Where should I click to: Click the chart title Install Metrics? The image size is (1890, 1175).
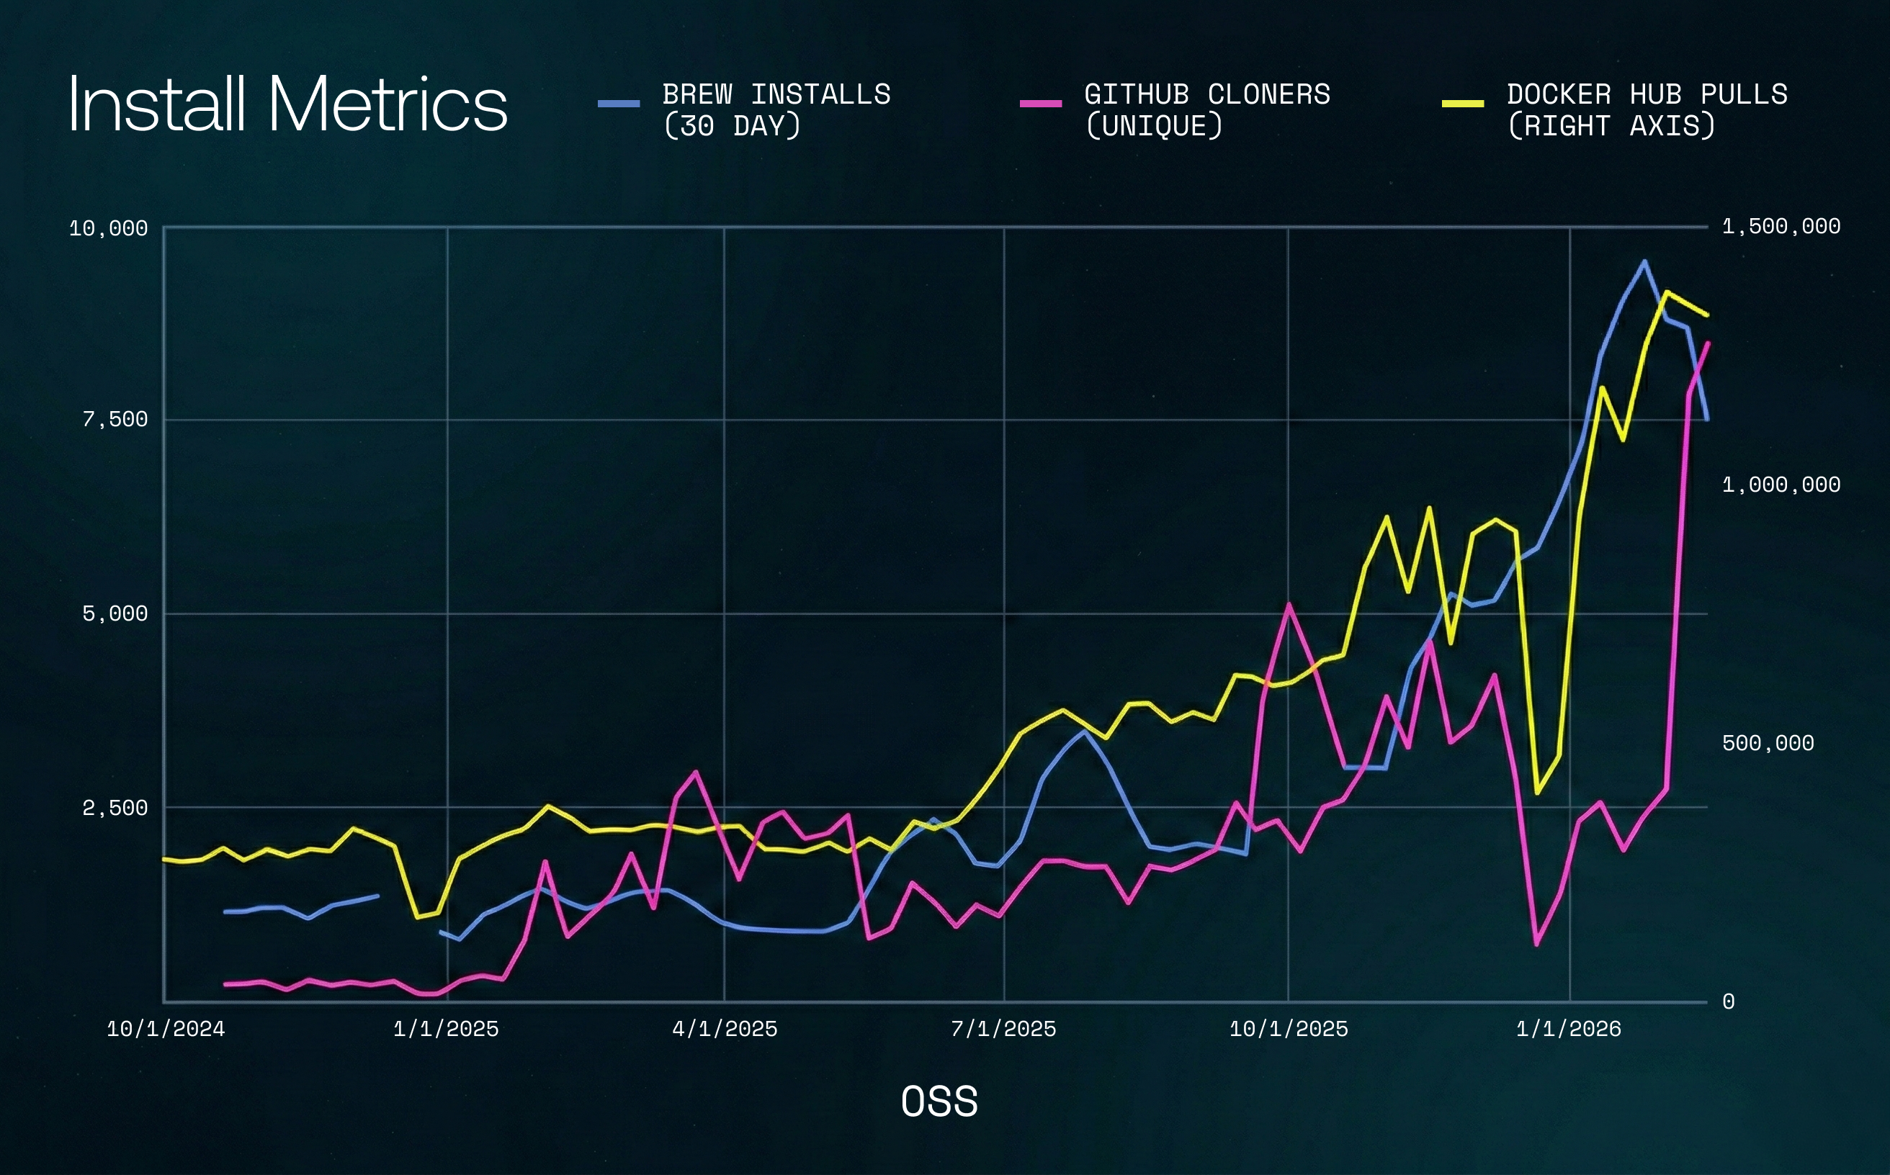287,105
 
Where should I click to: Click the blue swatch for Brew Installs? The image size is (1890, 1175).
618,104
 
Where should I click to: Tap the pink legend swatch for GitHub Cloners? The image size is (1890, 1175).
1040,104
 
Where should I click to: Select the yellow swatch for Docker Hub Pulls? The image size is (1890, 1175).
1462,104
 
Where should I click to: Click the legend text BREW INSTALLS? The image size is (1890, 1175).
776,95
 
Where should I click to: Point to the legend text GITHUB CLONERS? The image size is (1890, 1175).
1206,95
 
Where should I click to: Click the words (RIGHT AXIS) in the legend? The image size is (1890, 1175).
1610,126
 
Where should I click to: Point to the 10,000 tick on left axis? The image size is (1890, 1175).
108,228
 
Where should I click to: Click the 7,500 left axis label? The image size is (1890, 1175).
115,420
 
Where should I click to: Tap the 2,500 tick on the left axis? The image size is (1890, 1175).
115,809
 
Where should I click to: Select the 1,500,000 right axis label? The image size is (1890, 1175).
1781,227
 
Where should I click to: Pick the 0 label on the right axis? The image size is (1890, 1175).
1727,1001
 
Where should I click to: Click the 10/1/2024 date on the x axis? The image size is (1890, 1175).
166,1029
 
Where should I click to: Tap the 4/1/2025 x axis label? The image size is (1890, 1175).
724,1029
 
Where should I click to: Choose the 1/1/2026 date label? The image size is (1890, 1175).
1568,1029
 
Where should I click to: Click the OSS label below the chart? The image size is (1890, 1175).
939,1102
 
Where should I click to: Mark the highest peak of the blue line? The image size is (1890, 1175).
1644,261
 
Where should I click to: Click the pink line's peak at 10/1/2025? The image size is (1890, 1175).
1289,604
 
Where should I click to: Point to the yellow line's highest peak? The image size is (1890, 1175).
1665,292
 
